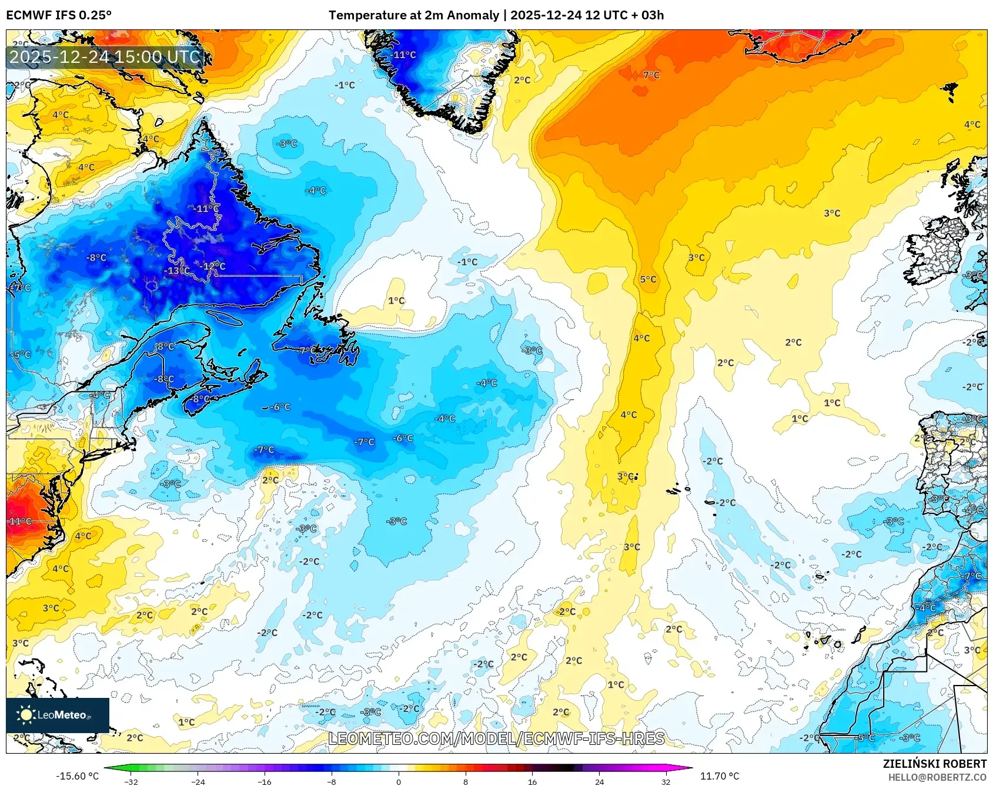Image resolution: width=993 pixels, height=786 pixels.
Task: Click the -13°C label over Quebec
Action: tap(177, 271)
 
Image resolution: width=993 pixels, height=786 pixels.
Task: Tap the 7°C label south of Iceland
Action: tap(651, 75)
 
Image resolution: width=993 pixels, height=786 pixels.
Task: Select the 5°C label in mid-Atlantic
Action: tap(648, 280)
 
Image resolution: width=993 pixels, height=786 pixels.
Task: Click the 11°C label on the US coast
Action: tap(20, 521)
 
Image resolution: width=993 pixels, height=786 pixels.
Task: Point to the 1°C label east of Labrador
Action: tap(396, 301)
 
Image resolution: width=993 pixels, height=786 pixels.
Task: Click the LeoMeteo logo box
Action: tap(58, 715)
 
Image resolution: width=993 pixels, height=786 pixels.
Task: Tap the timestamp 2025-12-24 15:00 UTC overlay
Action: tap(105, 57)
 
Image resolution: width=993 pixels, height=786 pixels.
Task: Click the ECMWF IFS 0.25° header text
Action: tap(59, 15)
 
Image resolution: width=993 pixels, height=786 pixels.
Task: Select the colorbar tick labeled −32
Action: tap(131, 781)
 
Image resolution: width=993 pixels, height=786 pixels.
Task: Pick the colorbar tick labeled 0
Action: tap(399, 781)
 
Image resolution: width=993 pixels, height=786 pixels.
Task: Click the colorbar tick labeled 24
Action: tap(599, 781)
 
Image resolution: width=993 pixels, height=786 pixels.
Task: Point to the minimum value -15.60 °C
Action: tap(77, 776)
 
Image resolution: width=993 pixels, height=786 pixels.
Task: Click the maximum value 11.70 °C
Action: tap(719, 776)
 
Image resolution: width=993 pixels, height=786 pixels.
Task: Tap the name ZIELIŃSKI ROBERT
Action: tap(934, 764)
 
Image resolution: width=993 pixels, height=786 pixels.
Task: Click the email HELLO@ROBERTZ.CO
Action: tap(937, 777)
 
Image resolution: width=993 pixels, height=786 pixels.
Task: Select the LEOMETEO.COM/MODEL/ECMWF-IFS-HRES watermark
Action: tap(496, 738)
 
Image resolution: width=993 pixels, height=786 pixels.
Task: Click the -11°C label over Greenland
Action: tap(403, 55)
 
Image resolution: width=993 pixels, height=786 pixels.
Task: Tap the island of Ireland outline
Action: tap(938, 250)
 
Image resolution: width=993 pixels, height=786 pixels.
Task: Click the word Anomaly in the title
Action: tap(475, 15)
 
